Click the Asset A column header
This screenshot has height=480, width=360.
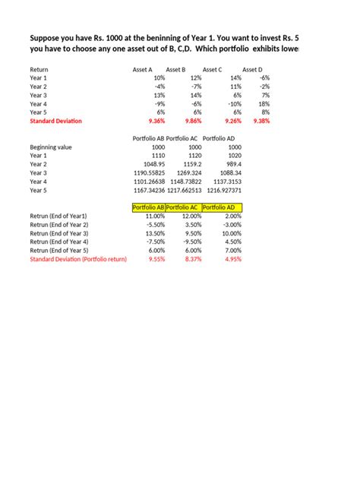click(x=143, y=69)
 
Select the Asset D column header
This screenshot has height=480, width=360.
click(x=252, y=69)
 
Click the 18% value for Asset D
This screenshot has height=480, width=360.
click(x=264, y=103)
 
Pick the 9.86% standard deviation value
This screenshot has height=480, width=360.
click(x=192, y=121)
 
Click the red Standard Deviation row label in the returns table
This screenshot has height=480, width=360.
click(x=55, y=121)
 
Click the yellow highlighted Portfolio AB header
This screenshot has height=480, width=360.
click(x=148, y=207)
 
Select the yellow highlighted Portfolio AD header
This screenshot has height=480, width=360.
click(x=222, y=207)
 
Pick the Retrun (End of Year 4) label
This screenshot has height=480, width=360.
click(x=59, y=242)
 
